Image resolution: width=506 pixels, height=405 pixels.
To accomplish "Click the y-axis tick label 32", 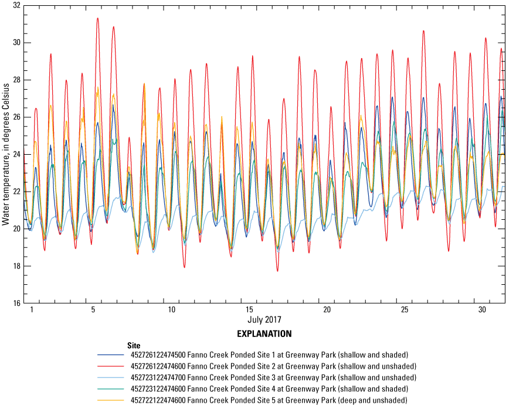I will tap(16, 5).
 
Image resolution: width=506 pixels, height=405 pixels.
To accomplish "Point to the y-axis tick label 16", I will tap(16, 303).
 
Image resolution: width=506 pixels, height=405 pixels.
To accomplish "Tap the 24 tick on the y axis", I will tap(16, 154).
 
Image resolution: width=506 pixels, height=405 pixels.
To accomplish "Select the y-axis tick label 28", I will tap(16, 80).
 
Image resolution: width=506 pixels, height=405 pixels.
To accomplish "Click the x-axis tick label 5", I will tap(93, 309).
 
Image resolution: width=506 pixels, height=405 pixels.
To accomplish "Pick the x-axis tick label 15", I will tap(249, 309).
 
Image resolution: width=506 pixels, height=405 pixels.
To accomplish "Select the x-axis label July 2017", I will tap(264, 321).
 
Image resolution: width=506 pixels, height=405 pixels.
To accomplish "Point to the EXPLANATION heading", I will tap(264, 333).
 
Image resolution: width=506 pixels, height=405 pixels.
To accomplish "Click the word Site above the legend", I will tap(134, 345).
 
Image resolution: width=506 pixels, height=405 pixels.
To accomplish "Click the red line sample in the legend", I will tap(111, 365).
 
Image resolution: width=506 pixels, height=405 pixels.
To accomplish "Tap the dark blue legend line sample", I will tap(111, 355).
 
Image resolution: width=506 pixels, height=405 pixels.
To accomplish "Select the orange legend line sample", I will tap(111, 395).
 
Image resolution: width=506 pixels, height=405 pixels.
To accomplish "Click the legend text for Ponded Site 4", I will tap(270, 385).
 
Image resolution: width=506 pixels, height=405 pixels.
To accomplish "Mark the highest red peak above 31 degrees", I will tap(97, 18).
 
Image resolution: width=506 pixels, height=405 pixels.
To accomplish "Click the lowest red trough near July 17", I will tap(277, 271).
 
